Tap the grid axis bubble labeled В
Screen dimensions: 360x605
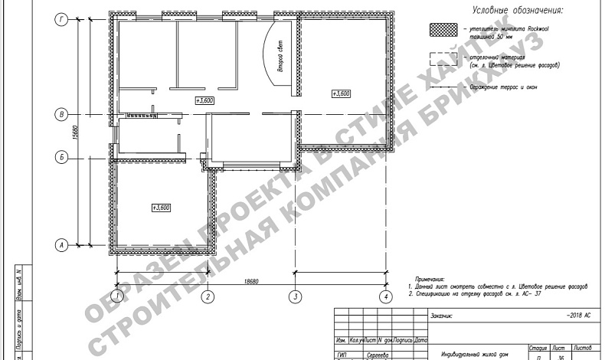(x=62, y=114)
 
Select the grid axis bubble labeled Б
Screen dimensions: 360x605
(x=62, y=158)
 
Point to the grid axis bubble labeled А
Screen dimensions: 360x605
(x=62, y=245)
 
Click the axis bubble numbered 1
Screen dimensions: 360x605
(x=116, y=295)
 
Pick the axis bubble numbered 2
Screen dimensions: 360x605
(x=206, y=295)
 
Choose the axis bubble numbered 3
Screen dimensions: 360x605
(x=293, y=295)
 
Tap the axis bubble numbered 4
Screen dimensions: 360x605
(x=386, y=295)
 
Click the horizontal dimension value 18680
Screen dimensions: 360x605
(x=252, y=282)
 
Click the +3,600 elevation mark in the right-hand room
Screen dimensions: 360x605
(x=342, y=93)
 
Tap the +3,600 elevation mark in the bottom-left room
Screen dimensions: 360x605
(x=161, y=208)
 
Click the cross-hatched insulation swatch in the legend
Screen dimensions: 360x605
(x=442, y=31)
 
